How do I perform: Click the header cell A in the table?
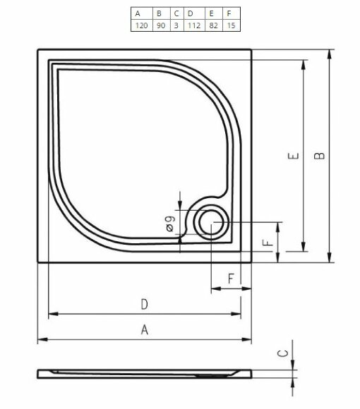[139, 13]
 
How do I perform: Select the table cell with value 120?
[139, 25]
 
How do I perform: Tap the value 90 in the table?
[160, 25]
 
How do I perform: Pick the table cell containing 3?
[176, 25]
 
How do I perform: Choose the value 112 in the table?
[192, 25]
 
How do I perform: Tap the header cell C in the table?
[176, 13]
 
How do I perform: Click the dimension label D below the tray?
[144, 304]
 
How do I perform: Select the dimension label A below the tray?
[144, 329]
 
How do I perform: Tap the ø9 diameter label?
[170, 225]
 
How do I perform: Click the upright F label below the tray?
[230, 279]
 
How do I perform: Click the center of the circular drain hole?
[210, 223]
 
